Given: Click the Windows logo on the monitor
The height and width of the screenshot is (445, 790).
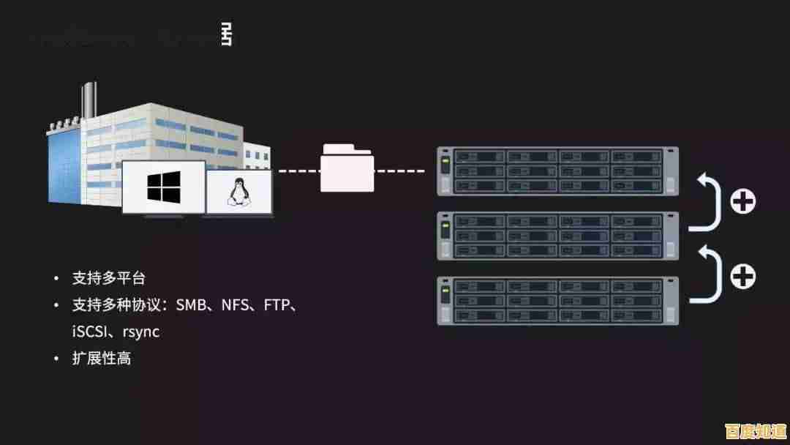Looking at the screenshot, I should [x=163, y=187].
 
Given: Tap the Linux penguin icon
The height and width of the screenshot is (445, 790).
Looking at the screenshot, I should [x=236, y=192].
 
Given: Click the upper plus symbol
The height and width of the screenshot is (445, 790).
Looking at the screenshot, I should [x=743, y=200].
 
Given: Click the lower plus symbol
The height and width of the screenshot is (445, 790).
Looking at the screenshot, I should [x=743, y=276].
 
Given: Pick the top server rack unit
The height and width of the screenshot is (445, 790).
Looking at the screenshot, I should [x=558, y=171].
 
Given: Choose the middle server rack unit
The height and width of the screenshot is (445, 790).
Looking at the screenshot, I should [x=558, y=236].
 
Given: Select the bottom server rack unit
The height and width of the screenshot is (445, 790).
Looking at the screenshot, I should [x=558, y=301].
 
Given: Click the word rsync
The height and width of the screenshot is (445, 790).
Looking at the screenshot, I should [x=140, y=332].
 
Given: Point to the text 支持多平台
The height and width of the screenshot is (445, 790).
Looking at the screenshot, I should [x=108, y=278].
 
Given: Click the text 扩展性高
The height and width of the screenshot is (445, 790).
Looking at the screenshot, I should [x=101, y=359].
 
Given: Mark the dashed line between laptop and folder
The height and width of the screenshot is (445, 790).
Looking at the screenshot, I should [x=298, y=171].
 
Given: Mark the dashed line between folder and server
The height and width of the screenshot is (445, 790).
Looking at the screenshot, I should [x=400, y=171].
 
